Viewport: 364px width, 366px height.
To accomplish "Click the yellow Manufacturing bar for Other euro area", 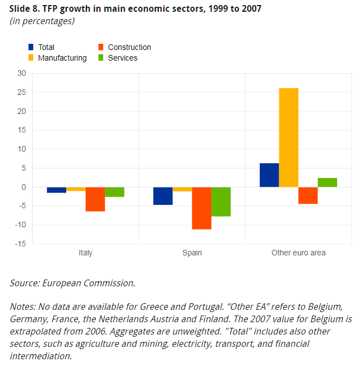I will (289, 138).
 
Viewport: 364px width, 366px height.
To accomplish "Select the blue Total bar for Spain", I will (163, 196).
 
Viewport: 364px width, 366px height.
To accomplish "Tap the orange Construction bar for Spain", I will (201, 208).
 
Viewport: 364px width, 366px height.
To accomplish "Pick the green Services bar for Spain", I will (221, 202).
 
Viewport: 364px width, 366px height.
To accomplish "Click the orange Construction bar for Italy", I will (95, 199).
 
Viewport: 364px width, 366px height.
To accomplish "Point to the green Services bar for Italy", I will (114, 192).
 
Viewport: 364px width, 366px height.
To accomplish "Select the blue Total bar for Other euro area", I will (269, 175).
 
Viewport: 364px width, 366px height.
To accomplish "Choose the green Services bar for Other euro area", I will (328, 182).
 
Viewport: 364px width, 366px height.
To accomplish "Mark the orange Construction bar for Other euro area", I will (308, 195).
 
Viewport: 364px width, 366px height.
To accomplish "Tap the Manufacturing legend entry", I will (62, 58).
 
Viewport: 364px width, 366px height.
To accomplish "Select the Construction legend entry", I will (129, 47).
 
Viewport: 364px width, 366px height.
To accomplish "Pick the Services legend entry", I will (122, 58).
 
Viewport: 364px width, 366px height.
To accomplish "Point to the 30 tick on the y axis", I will (22, 73).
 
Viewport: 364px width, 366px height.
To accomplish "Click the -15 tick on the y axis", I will (21, 244).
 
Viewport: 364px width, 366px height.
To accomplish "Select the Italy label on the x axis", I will (85, 253).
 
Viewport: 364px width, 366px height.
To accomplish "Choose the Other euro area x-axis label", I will (298, 253).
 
